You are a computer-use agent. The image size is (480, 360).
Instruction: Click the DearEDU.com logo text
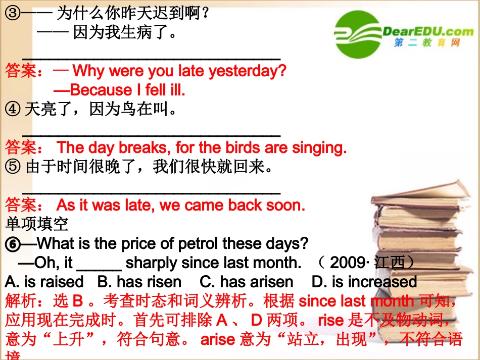pos(428,32)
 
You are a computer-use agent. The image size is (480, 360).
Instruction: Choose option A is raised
pos(44,282)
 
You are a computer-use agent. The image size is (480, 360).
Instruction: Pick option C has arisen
pos(246,282)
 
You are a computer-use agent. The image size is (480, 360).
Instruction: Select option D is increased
pos(364,282)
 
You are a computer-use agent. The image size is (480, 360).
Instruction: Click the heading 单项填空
pos(36,224)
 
